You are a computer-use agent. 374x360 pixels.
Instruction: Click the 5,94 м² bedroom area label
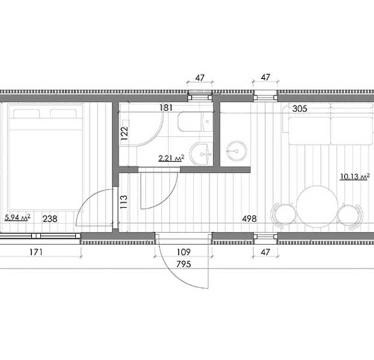click(x=17, y=217)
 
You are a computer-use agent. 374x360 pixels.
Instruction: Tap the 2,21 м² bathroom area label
click(x=171, y=158)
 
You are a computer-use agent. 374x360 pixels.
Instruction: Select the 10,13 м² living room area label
click(x=355, y=176)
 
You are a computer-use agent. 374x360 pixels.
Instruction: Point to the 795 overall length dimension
click(x=184, y=264)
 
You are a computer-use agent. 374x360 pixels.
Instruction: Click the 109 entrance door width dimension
click(x=184, y=252)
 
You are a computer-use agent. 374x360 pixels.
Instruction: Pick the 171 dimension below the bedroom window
click(x=36, y=252)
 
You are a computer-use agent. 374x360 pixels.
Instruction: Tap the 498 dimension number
click(x=249, y=219)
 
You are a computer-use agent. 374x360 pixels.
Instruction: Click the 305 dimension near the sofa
click(x=300, y=109)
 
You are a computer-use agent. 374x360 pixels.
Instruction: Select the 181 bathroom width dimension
click(x=166, y=108)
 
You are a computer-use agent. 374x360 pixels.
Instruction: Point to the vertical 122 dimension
click(x=124, y=133)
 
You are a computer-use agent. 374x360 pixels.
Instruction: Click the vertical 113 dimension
click(x=124, y=202)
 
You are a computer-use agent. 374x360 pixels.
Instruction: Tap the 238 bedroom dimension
click(x=50, y=219)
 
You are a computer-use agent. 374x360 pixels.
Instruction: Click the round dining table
click(x=317, y=206)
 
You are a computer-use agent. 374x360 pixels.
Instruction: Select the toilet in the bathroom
click(x=195, y=121)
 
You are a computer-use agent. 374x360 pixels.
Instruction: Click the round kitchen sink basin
click(x=236, y=151)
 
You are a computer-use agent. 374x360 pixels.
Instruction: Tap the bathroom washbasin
click(x=201, y=154)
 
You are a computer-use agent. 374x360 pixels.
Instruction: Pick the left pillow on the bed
click(x=26, y=114)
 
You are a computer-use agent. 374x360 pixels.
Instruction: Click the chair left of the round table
click(x=284, y=214)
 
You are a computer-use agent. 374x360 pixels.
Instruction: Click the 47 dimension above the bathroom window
click(x=199, y=78)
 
